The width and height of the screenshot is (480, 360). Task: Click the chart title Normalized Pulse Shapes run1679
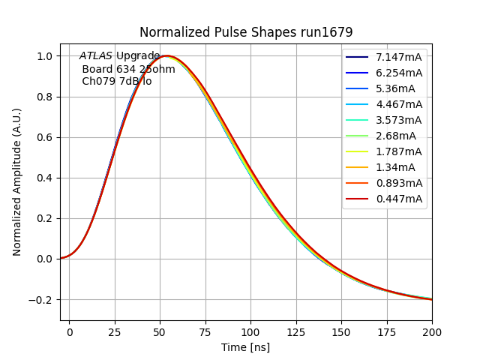coord(246,32)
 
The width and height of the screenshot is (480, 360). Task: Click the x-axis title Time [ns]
coord(245,347)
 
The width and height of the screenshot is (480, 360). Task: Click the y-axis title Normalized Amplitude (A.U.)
coord(17,182)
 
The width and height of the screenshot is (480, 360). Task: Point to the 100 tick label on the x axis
coord(250,331)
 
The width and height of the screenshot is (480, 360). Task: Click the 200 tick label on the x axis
coord(432,331)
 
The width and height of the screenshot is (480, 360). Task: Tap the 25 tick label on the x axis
coord(115,331)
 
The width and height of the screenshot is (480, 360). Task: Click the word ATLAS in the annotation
coord(96,56)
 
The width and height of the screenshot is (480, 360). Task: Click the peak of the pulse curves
coord(166,56)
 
